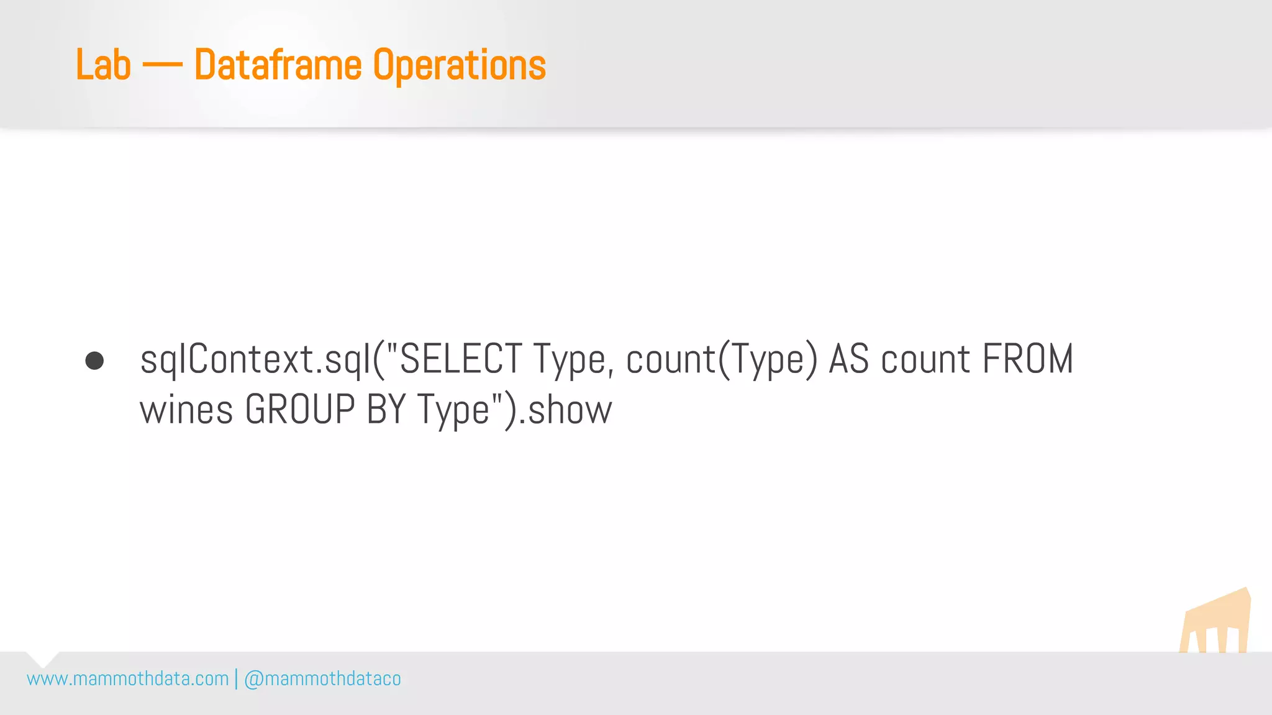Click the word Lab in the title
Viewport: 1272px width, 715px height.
[x=103, y=65]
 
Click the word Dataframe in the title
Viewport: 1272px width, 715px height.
[x=278, y=65]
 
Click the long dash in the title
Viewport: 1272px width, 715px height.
[x=162, y=66]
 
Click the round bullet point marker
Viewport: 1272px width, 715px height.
[x=94, y=361]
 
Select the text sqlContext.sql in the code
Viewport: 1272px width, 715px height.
[x=255, y=359]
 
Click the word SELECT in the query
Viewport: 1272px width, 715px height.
[x=460, y=359]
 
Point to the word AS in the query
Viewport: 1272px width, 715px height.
[x=849, y=359]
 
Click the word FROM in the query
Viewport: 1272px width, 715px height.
[x=1028, y=359]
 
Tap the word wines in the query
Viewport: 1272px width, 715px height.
[x=186, y=410]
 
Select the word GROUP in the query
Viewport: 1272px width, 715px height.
[x=300, y=410]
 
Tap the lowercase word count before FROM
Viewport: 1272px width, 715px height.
[x=925, y=359]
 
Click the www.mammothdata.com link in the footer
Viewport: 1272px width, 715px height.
[x=128, y=679]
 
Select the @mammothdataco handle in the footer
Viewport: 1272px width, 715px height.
[x=322, y=679]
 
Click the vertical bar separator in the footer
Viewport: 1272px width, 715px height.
[x=236, y=679]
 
